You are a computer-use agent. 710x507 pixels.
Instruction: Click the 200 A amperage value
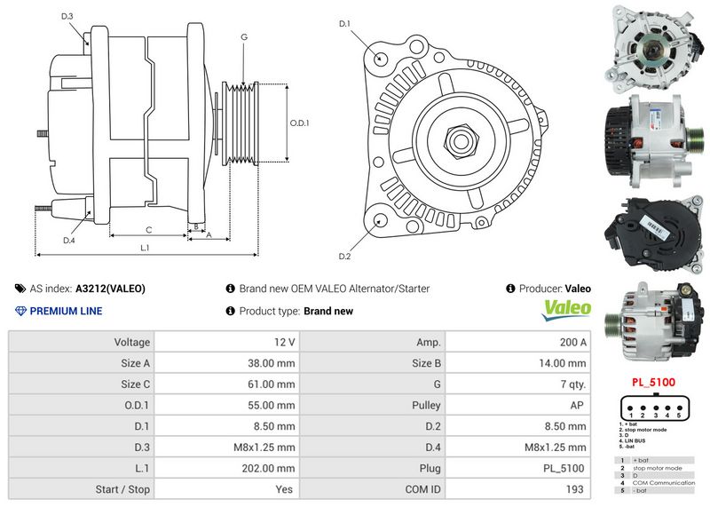[x=572, y=342]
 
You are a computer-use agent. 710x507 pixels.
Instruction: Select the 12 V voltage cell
[x=285, y=342]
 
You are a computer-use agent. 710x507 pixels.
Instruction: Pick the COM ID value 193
[x=577, y=489]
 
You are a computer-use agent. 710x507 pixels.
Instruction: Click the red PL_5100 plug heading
[x=653, y=383]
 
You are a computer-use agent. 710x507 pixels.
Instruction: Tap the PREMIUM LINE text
[x=66, y=311]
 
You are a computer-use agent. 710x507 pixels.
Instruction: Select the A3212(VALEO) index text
[x=110, y=289]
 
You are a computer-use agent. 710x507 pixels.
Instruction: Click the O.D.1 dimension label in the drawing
[x=300, y=123]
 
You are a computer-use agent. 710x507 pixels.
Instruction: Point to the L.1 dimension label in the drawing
[x=145, y=249]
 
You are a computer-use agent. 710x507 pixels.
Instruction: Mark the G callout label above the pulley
[x=244, y=37]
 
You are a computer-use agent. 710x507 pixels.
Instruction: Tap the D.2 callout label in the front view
[x=345, y=257]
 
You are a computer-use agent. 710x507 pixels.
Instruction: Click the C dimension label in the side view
[x=148, y=229]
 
